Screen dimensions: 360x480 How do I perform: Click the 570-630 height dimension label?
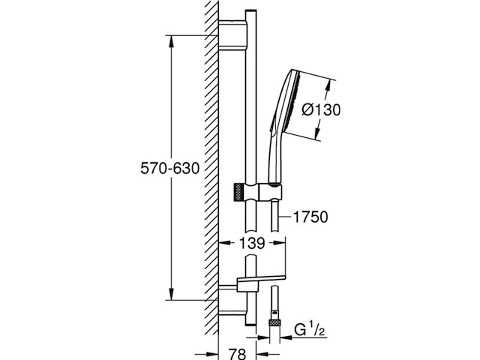coord(169,169)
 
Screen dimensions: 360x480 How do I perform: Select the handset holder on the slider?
coord(269,193)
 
